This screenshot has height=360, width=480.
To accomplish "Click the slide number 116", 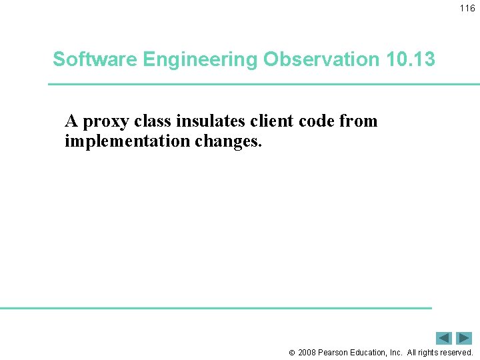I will click(467, 9).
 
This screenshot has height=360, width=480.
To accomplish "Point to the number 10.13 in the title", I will click(410, 59).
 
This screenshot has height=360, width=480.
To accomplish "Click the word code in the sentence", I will click(319, 121).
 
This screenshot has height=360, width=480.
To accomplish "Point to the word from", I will click(359, 121).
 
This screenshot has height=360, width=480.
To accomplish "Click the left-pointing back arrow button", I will click(445, 338).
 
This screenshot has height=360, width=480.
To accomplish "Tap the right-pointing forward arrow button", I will click(464, 338).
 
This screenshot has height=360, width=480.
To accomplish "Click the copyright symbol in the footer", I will click(291, 353).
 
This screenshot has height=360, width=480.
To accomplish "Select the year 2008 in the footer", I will click(307, 353).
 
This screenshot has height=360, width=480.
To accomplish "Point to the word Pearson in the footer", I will click(333, 353).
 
